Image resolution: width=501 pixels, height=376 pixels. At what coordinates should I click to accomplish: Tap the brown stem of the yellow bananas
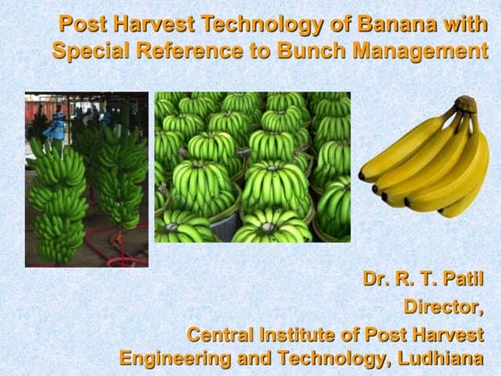click(465, 105)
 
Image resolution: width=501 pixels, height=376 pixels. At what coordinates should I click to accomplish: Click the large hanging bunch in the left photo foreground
click(58, 197)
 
